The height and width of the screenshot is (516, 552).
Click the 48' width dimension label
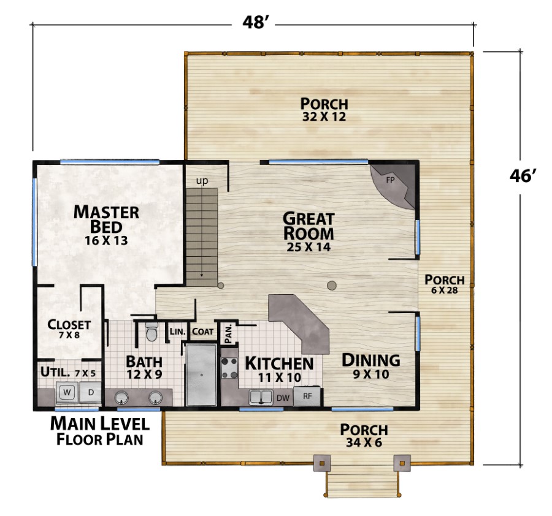point(253,23)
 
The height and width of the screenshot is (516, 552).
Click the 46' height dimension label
point(523,175)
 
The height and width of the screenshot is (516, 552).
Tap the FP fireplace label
point(390,180)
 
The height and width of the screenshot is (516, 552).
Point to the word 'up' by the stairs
point(202,181)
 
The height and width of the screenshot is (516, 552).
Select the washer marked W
point(67,393)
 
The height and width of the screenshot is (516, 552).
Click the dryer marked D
point(91,392)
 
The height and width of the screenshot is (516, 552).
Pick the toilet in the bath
point(151,332)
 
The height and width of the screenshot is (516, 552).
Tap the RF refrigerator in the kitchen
point(307,396)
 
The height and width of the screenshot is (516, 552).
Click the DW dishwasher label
point(283,398)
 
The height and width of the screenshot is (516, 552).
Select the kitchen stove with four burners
point(229,368)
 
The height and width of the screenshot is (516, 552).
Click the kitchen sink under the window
point(261,397)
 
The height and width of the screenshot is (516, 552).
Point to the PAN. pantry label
point(228,333)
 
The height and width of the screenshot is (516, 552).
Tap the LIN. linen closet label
point(177,332)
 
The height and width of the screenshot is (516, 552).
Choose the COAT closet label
point(203,332)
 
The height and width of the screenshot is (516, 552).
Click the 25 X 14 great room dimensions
point(309,247)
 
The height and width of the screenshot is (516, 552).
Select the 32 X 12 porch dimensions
point(324,116)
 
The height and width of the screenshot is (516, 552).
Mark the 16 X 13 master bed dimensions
point(106,241)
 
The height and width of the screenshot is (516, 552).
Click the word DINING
point(371,360)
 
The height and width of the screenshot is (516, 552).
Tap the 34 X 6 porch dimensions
point(364,442)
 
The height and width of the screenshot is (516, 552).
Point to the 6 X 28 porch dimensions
point(444,290)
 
